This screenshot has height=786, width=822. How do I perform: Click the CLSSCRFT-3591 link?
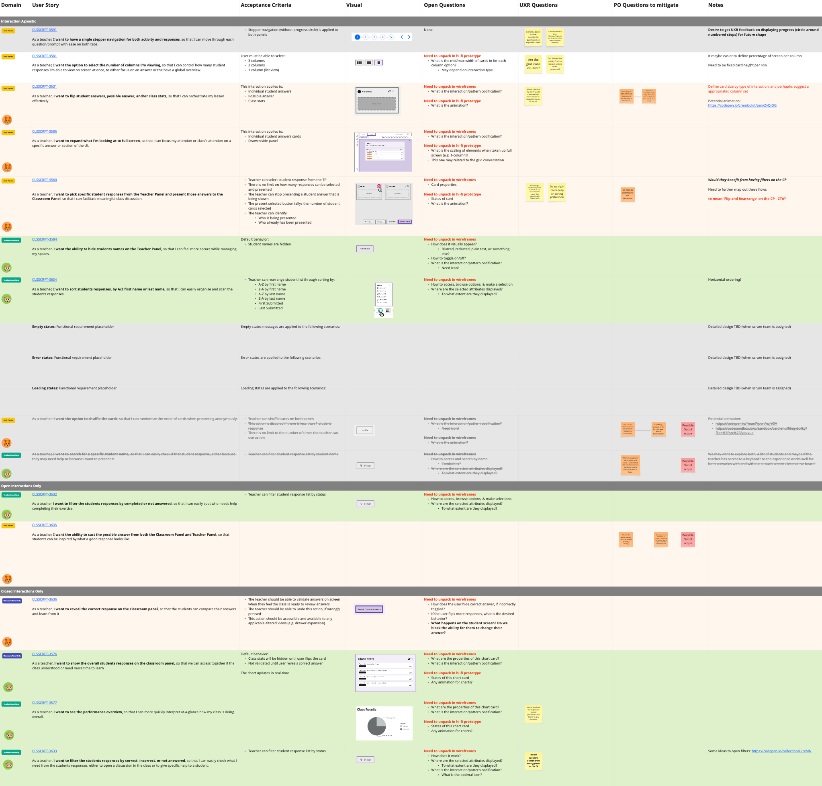click(x=44, y=30)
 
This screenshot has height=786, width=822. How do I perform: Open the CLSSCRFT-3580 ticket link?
click(x=44, y=180)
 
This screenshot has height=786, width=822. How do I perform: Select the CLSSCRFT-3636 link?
click(x=44, y=599)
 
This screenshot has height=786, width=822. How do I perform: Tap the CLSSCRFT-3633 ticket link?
click(x=44, y=751)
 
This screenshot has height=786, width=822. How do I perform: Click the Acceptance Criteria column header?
click(x=266, y=5)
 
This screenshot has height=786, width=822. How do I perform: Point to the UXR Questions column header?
click(x=538, y=5)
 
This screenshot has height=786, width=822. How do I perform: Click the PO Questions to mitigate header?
click(x=646, y=5)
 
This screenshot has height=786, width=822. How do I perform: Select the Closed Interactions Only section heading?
click(x=22, y=591)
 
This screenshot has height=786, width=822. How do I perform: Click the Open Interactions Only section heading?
click(x=21, y=486)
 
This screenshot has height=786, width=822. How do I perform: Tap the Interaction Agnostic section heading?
click(x=18, y=21)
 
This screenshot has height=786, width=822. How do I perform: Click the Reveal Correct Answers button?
click(x=369, y=609)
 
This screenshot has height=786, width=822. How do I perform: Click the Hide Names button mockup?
click(x=364, y=249)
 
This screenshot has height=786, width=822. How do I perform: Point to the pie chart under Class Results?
click(x=376, y=726)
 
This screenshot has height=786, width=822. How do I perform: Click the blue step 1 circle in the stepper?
click(x=357, y=37)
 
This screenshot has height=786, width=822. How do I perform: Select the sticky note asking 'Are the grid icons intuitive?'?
click(x=533, y=64)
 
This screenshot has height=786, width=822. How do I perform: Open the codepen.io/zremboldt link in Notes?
click(x=742, y=105)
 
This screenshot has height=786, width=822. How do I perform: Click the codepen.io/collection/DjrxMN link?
click(x=781, y=751)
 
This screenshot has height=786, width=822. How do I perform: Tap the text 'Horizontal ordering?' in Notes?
click(x=724, y=280)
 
